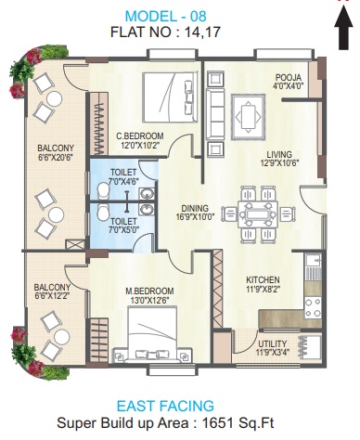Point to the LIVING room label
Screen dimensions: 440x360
(x=278, y=156)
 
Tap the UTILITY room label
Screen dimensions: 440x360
(x=273, y=343)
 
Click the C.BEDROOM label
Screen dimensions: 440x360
(x=140, y=136)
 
